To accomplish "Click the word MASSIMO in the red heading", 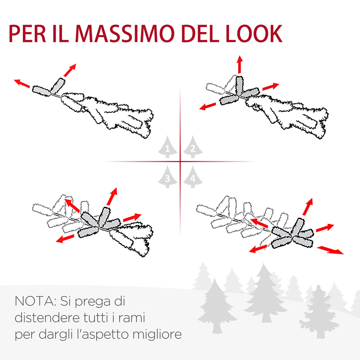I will point(125,34).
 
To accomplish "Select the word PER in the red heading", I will point(27,34).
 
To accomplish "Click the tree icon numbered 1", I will point(168,147).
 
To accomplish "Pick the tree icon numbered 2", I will point(193,147).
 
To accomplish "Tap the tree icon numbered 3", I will point(168,177).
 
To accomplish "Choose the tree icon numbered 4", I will point(193,177).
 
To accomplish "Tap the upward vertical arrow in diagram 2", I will point(240,64).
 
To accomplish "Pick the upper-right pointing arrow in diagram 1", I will point(70,70).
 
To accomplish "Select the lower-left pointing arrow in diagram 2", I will point(208,106).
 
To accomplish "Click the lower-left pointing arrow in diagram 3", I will point(65,238).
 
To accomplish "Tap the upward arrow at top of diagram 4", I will point(308,206).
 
